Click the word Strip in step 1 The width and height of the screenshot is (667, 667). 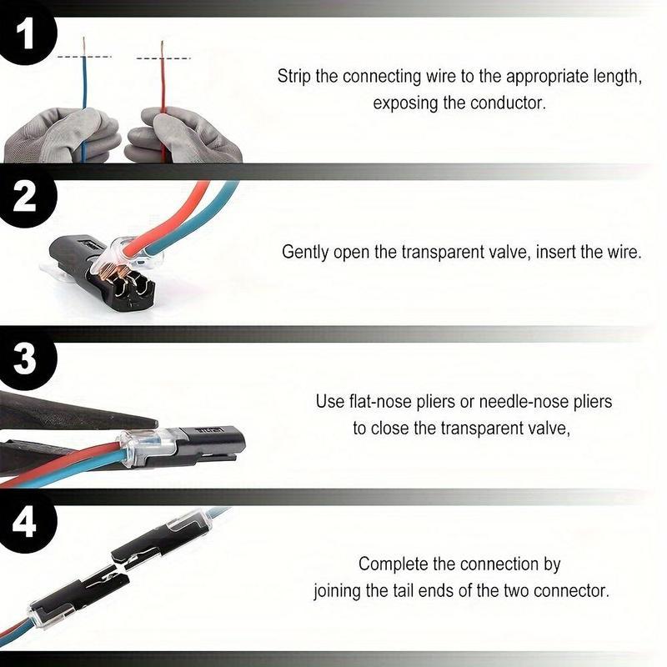[x=295, y=76]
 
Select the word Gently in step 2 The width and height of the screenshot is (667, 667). [x=307, y=251]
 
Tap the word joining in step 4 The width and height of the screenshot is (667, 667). [x=338, y=591]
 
